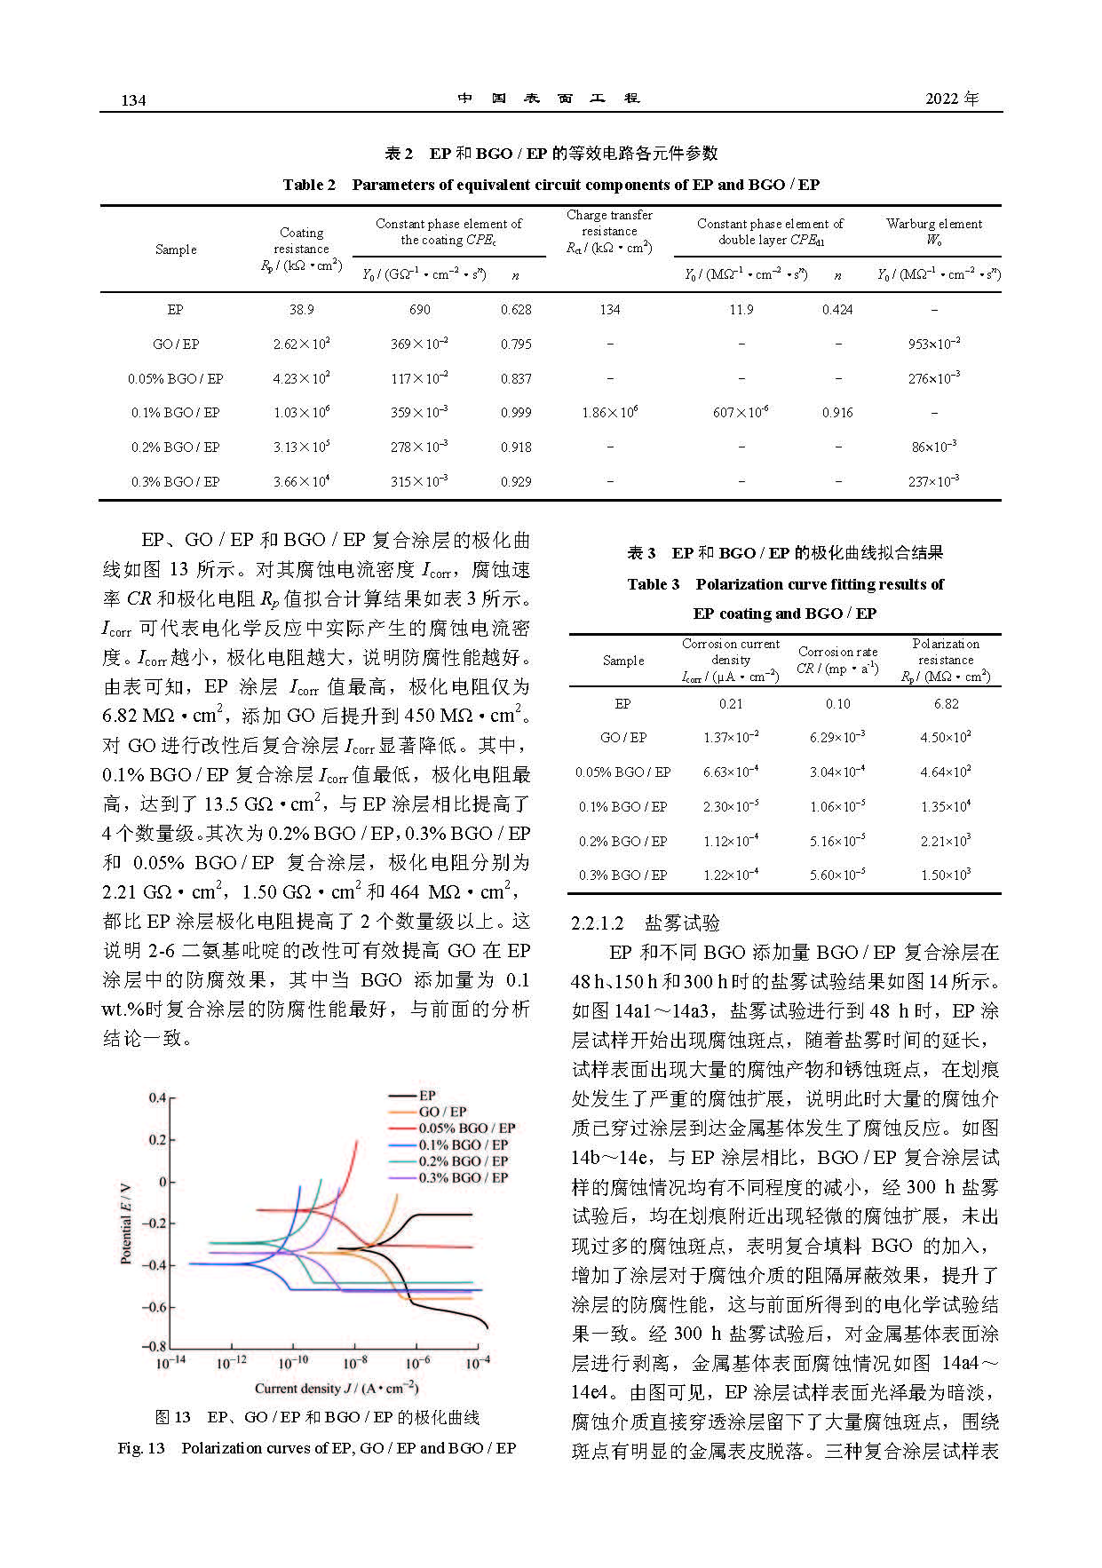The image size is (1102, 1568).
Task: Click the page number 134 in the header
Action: [133, 100]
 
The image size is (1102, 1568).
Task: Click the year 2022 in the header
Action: [951, 99]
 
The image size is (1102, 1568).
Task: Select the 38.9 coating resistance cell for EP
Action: [301, 310]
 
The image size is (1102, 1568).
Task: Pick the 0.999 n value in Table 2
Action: [516, 413]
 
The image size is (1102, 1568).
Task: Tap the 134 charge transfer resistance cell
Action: [610, 310]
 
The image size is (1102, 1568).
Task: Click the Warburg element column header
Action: [934, 232]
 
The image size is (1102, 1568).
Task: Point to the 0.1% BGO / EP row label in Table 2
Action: [176, 413]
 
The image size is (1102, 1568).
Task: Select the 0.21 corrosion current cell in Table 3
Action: [731, 704]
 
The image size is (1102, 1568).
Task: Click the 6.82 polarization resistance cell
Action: [947, 704]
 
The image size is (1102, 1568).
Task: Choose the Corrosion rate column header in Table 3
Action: [837, 660]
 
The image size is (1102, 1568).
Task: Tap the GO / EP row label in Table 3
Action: [623, 738]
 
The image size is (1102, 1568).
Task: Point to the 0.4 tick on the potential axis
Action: [157, 1098]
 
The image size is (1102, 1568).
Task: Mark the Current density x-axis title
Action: [336, 1389]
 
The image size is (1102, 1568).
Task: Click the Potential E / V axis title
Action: [126, 1223]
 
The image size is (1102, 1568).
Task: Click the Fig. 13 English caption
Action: [317, 1448]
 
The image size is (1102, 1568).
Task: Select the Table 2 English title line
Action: [551, 185]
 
